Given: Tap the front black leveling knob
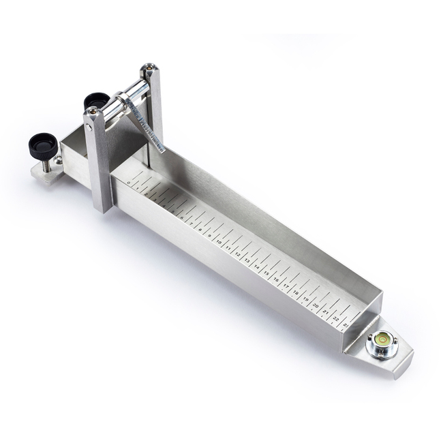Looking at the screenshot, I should coord(41,144).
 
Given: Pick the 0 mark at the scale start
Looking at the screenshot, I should coord(129,183).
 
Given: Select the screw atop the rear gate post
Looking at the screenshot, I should coord(149,70).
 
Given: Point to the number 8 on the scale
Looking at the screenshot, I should coord(200,230).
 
